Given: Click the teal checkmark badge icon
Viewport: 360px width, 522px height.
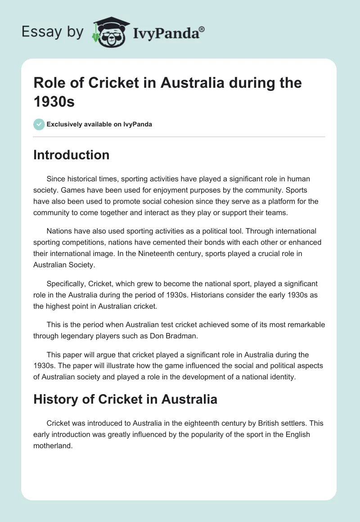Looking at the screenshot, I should pyautogui.click(x=39, y=124).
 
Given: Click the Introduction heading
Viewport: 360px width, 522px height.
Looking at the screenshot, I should pyautogui.click(x=71, y=155).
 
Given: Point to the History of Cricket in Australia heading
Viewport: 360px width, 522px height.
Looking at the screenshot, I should pyautogui.click(x=125, y=399).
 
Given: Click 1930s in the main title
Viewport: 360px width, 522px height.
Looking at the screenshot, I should pyautogui.click(x=54, y=101).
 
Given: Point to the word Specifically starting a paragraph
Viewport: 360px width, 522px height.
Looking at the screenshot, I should pyautogui.click(x=66, y=284).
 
